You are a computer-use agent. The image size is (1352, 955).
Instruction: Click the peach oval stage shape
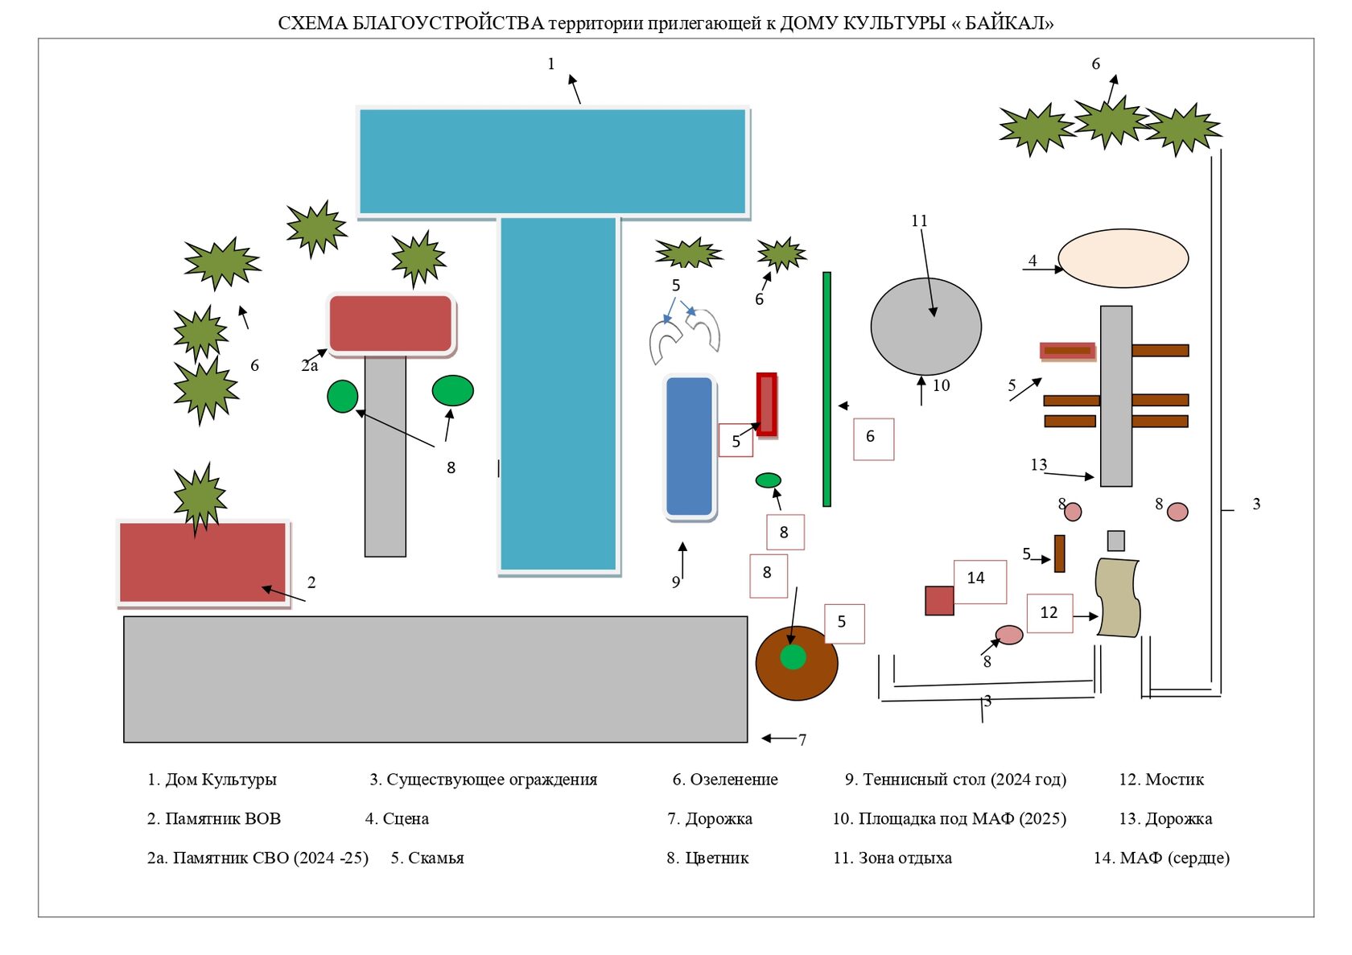tap(1123, 258)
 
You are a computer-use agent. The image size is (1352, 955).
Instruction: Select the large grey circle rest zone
tap(925, 327)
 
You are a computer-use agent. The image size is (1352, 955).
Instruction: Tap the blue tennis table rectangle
tap(690, 447)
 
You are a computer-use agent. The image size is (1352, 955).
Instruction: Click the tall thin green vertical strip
tap(826, 389)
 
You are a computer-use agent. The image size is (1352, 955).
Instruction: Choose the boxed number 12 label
tap(1049, 613)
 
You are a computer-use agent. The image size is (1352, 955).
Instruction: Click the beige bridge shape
tap(1118, 597)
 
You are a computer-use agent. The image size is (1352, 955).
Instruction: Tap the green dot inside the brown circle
tap(793, 657)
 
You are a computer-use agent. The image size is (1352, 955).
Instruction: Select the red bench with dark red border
tap(767, 405)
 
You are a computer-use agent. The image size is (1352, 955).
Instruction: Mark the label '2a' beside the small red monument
tap(310, 366)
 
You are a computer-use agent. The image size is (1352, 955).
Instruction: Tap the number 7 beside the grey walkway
tap(802, 740)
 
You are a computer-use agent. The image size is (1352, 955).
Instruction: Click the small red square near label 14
tap(939, 601)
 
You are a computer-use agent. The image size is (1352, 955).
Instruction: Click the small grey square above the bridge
tap(1115, 541)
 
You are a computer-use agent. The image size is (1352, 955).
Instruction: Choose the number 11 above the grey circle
tap(919, 221)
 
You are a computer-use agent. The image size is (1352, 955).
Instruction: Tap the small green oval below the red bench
tap(769, 480)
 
